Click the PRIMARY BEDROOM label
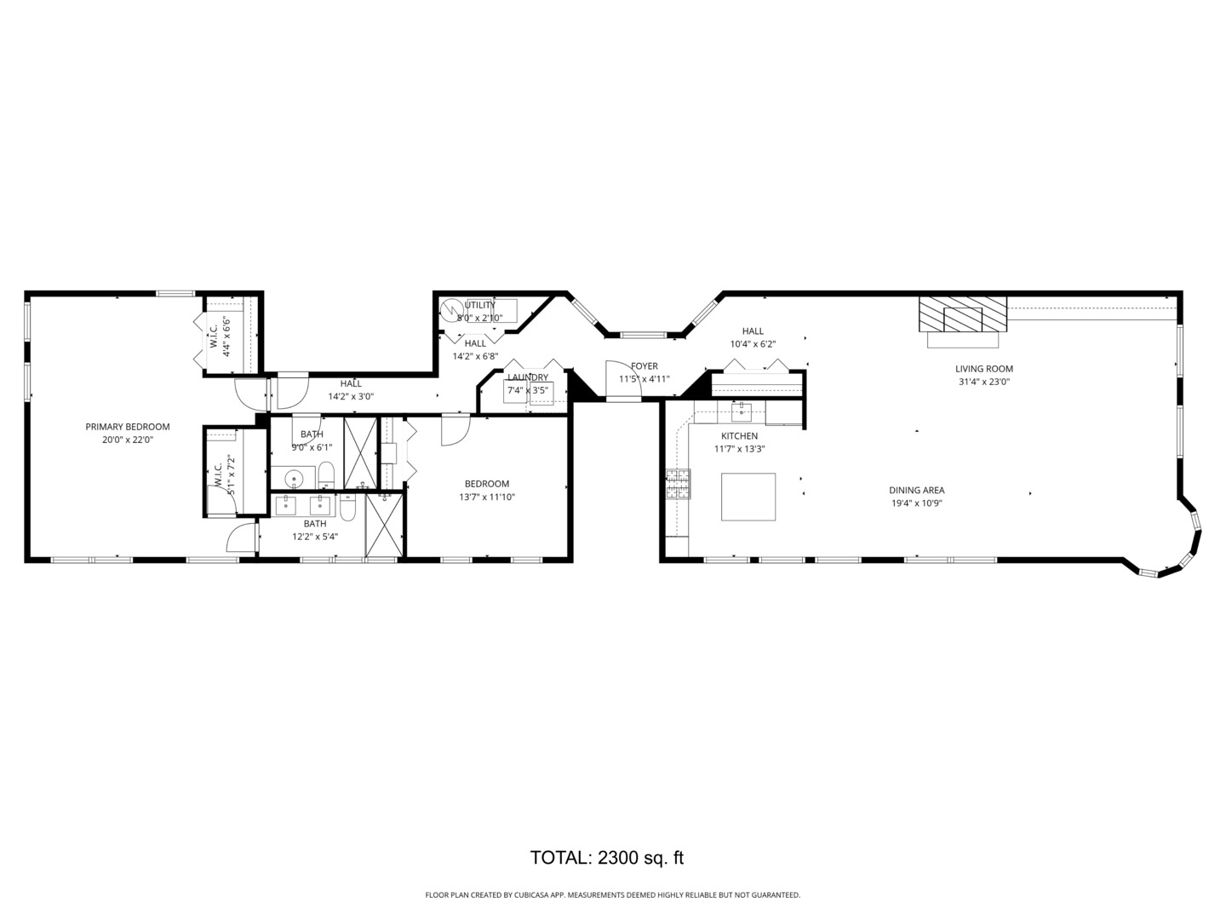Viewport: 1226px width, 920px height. click(128, 427)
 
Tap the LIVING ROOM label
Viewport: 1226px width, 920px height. click(983, 369)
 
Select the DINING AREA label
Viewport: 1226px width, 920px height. click(917, 491)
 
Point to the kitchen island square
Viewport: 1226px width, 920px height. click(748, 497)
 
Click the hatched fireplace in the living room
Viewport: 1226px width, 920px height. click(962, 313)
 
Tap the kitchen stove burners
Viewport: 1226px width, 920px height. click(678, 484)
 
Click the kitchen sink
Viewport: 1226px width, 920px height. click(742, 411)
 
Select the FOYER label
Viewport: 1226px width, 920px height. click(644, 366)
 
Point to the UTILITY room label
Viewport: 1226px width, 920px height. click(480, 305)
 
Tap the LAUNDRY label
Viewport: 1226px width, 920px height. click(527, 377)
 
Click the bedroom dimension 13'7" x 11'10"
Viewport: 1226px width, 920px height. click(486, 497)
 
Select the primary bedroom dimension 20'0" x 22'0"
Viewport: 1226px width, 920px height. click(128, 440)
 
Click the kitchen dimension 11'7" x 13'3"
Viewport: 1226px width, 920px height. click(740, 449)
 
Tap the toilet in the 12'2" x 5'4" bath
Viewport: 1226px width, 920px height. click(347, 507)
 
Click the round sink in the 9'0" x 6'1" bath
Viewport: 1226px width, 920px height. click(293, 479)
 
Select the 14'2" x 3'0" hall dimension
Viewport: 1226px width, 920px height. click(351, 397)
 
